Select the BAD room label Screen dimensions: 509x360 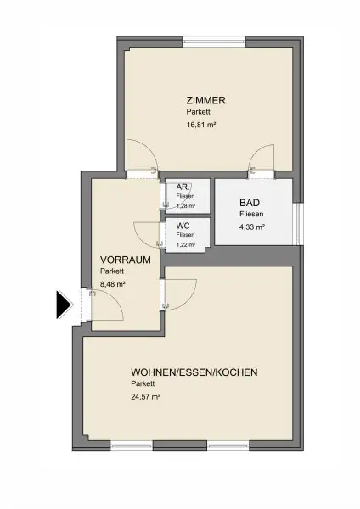click(249, 204)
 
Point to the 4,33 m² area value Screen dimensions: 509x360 click(252, 227)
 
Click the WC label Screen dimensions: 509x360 click(183, 226)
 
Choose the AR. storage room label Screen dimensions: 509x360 click(183, 187)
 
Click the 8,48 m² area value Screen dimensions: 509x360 click(113, 284)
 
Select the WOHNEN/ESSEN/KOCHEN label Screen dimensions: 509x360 click(194, 372)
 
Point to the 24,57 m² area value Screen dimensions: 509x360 click(145, 396)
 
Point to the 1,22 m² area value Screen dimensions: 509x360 click(185, 245)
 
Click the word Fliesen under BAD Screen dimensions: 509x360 click(252, 215)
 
